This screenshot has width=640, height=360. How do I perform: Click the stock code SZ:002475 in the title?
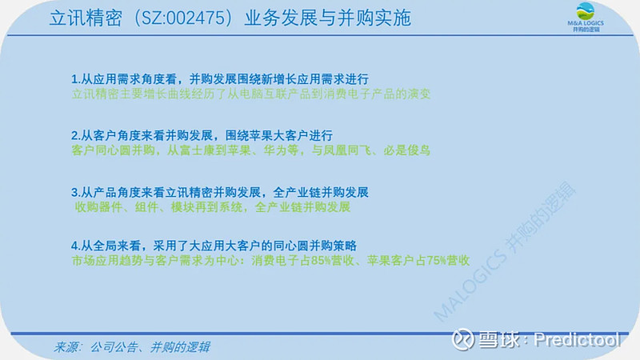click(184, 18)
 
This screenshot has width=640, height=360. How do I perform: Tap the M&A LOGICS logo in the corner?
click(586, 17)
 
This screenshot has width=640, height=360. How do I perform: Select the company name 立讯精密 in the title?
click(86, 18)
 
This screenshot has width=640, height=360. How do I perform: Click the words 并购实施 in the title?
click(374, 18)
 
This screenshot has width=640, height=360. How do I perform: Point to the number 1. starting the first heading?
click(76, 78)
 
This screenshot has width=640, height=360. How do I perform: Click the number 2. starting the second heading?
click(76, 135)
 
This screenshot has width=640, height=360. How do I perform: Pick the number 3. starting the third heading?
click(76, 192)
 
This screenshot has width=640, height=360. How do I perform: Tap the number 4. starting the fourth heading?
click(76, 246)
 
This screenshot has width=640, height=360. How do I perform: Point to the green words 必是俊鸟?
click(406, 150)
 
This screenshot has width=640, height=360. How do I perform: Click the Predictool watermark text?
click(577, 339)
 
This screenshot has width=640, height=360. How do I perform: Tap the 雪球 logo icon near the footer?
click(462, 339)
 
